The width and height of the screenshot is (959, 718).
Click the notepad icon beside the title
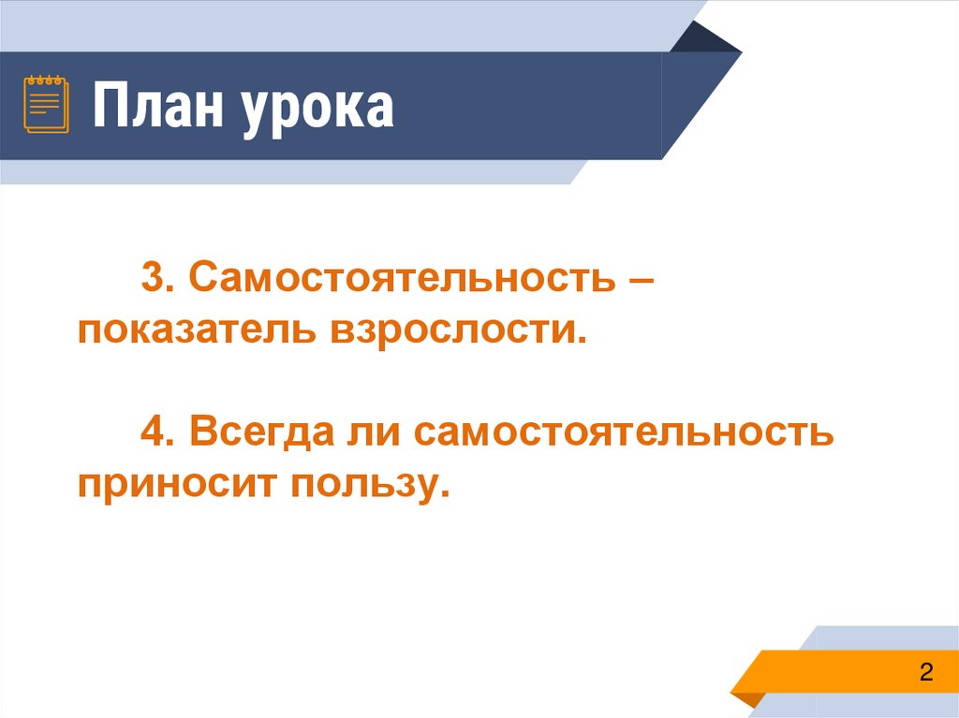tap(46, 104)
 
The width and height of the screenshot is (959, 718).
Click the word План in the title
tap(156, 108)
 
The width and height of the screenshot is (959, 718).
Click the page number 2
tap(926, 672)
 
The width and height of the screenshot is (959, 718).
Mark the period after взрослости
tap(590, 341)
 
